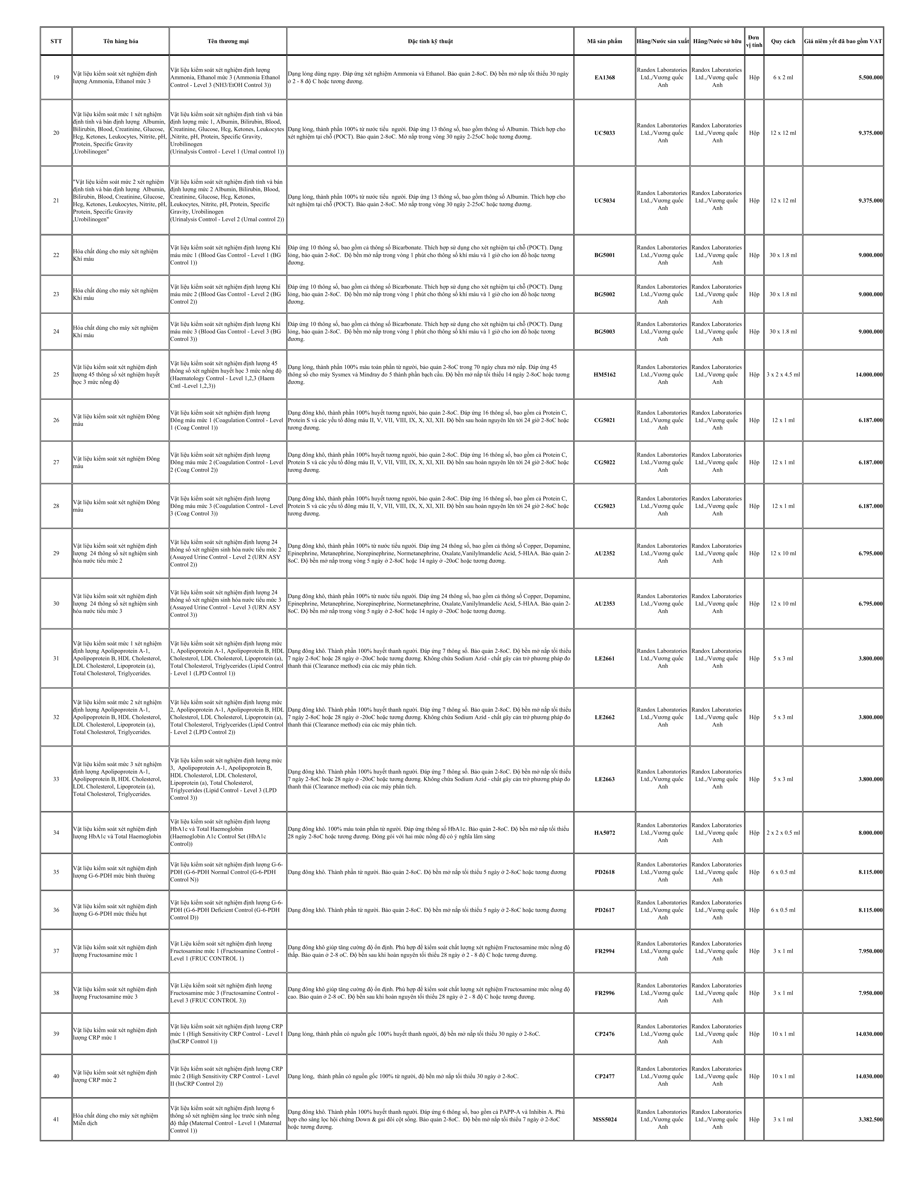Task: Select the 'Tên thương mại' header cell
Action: tap(228, 41)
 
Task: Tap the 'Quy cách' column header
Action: tap(783, 41)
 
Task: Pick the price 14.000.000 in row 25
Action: tap(869, 374)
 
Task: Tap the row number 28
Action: tap(56, 506)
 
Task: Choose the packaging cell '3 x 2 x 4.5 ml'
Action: tap(783, 374)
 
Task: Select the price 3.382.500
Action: tap(870, 1119)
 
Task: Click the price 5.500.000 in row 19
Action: tap(870, 77)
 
